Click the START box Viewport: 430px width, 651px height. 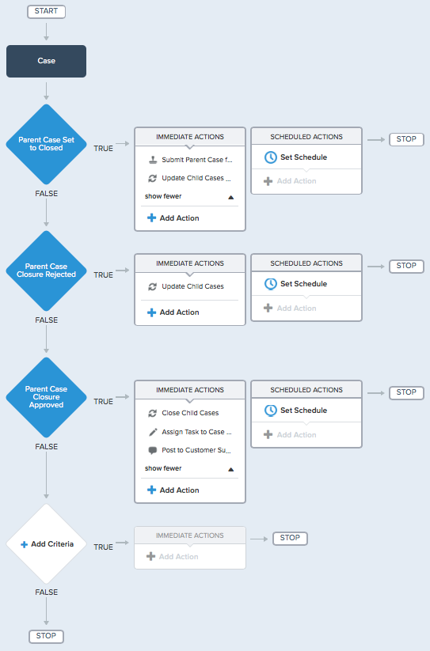(46, 11)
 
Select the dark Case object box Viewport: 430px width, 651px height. (46, 61)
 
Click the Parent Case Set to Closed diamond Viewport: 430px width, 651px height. (46, 144)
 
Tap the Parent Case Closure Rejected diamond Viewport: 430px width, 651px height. (46, 271)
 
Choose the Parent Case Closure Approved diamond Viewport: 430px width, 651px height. (46, 397)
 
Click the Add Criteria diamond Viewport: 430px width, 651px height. (46, 544)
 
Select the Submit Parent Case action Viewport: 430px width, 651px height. (197, 160)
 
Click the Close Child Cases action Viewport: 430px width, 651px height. (190, 413)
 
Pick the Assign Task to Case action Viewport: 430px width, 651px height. (196, 432)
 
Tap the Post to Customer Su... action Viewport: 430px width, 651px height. (196, 450)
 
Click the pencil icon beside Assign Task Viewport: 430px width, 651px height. (153, 432)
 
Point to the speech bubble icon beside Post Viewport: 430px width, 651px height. (153, 450)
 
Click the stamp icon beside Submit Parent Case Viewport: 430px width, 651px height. (153, 160)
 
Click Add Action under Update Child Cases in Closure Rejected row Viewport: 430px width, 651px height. (173, 312)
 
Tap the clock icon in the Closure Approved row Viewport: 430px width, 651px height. (271, 411)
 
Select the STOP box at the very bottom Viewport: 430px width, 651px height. (46, 636)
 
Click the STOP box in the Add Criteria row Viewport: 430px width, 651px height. (290, 538)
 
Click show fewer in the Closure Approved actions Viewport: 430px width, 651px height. (163, 468)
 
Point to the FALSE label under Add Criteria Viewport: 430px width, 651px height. (46, 592)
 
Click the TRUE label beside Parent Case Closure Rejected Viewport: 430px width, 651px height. (103, 275)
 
